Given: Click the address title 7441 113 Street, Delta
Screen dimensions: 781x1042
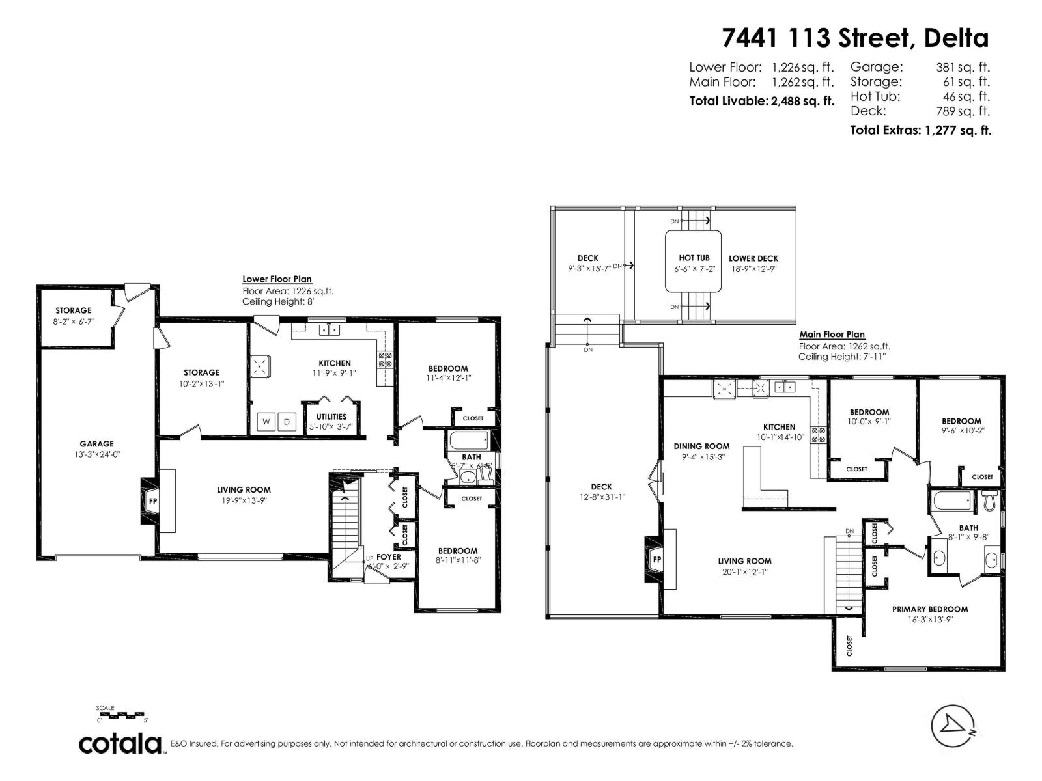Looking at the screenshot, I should point(854,38).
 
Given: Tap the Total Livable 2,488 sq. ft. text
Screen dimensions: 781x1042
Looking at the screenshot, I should point(761,101).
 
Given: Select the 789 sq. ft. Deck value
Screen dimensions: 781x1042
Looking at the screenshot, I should point(963,111).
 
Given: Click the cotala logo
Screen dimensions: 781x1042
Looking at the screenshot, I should point(121,743).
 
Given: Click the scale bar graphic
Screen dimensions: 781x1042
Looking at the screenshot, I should point(122,715).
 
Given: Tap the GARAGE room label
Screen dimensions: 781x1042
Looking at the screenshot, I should point(96,444).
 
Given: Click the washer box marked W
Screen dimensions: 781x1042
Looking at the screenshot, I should point(266,422).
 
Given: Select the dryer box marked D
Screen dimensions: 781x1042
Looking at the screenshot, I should point(287,422).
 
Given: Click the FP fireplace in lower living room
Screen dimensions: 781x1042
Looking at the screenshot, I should point(153,501).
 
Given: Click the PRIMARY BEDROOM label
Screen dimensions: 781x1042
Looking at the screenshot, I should point(929,609).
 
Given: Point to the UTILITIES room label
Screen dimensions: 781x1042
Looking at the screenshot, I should point(331,417).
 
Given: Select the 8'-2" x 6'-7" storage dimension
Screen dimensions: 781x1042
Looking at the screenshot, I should point(74,322).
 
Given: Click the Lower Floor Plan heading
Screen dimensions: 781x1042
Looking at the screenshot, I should point(277,279).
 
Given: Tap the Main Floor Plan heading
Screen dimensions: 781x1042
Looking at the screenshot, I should point(832,335).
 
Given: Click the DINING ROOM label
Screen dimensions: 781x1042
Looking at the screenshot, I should point(701,446).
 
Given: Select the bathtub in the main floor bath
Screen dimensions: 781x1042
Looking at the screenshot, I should point(951,502).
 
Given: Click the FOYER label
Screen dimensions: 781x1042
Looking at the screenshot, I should point(389,557).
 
